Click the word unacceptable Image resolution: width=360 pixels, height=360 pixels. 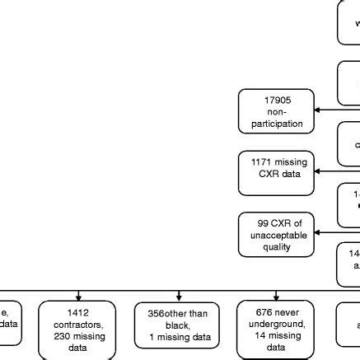[x=276, y=236]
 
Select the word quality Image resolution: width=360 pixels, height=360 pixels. [x=276, y=247]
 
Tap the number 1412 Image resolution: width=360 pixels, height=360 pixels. [x=78, y=312]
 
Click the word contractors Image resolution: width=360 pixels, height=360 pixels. [x=78, y=324]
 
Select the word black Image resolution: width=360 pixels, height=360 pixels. [x=177, y=325]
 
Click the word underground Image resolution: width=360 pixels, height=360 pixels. [x=276, y=324]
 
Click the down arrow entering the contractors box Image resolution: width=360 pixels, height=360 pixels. [x=78, y=295]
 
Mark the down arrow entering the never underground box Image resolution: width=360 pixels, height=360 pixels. [x=276, y=295]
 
